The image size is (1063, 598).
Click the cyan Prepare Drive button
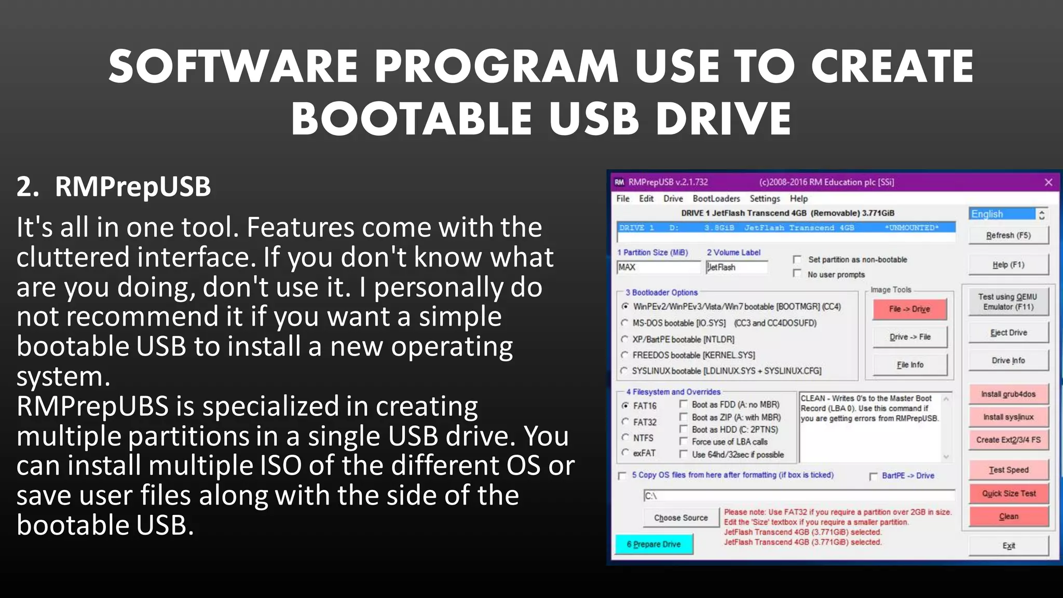(x=654, y=544)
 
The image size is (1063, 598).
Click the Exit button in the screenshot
(x=1008, y=546)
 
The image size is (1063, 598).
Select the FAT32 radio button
(x=625, y=422)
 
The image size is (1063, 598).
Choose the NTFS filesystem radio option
(x=625, y=438)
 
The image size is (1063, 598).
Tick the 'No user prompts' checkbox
(x=797, y=274)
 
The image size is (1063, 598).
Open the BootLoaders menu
(x=716, y=199)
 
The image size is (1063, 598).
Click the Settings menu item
(x=765, y=199)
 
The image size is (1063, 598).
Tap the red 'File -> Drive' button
(x=909, y=309)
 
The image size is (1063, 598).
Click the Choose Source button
(x=680, y=518)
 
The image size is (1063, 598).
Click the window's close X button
(x=1048, y=182)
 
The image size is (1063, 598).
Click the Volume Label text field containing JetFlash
(x=737, y=267)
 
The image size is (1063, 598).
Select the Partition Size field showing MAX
(x=658, y=267)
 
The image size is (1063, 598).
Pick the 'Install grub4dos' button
(x=1008, y=394)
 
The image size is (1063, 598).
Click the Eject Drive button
(x=1008, y=333)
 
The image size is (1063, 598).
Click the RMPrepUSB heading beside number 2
(x=133, y=187)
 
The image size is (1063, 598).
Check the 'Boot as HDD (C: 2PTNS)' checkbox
(x=684, y=429)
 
